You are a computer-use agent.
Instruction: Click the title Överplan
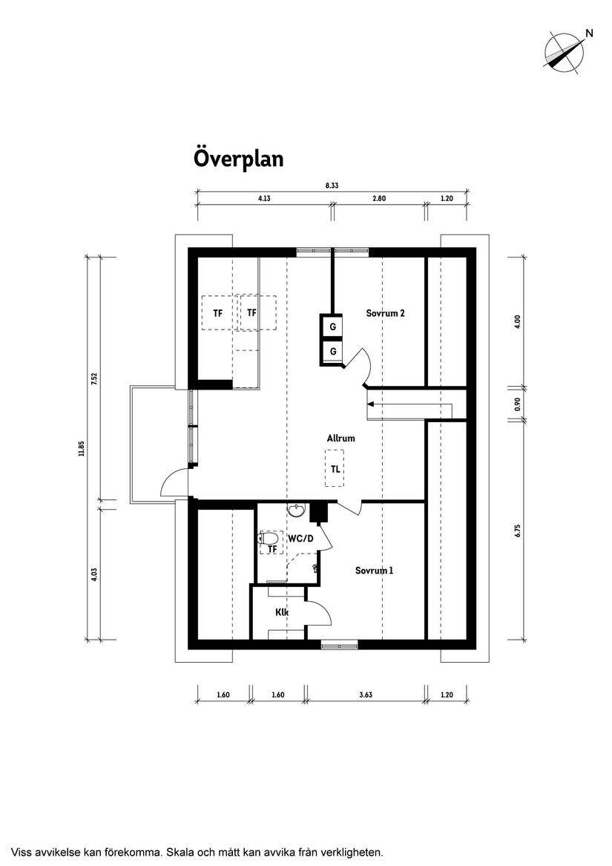[238, 159]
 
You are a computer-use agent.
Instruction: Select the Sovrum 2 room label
[385, 313]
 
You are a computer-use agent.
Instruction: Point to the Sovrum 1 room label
[374, 571]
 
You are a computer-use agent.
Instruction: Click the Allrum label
[341, 438]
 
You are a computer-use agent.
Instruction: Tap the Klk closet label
[282, 612]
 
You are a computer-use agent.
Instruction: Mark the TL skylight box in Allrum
[335, 469]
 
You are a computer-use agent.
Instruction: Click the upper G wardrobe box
[333, 327]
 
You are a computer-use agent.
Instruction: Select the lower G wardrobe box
[333, 351]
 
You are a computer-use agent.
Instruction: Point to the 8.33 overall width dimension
[332, 186]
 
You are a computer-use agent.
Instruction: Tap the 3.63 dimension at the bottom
[365, 695]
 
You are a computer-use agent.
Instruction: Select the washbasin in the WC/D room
[297, 510]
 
